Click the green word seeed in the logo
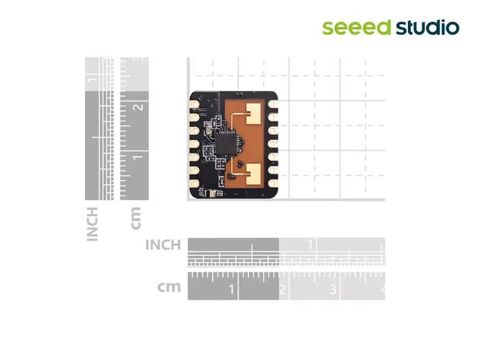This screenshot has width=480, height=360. (x=357, y=27)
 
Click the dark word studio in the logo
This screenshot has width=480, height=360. (x=427, y=27)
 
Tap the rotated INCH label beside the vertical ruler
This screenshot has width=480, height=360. (x=92, y=224)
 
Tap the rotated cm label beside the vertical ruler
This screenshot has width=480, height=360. (x=136, y=218)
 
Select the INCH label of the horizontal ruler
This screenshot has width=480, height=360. (x=163, y=245)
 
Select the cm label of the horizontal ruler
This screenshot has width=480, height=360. (x=169, y=287)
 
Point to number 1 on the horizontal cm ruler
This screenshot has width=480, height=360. (x=232, y=289)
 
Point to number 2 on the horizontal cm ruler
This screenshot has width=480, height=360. (x=283, y=289)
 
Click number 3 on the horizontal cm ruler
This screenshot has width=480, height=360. (x=333, y=289)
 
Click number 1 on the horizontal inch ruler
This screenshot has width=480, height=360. (x=311, y=245)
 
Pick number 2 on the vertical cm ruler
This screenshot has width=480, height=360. (x=139, y=107)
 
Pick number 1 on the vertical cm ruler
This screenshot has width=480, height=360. (x=138, y=157)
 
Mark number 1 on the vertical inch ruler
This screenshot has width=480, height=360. (x=91, y=80)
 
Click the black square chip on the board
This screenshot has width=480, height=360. (x=226, y=143)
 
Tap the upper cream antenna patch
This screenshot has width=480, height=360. (x=254, y=114)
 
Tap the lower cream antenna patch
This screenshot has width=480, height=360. (x=254, y=174)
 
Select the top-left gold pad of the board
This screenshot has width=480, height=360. (x=194, y=104)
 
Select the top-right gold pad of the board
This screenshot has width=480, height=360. (x=273, y=104)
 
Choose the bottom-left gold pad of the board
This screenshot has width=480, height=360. (x=194, y=183)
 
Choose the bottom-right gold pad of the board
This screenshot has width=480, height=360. (x=273, y=184)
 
